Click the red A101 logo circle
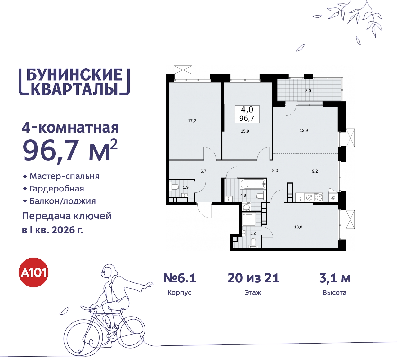(x=34, y=272)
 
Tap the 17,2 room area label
(x=192, y=121)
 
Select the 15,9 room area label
(x=245, y=131)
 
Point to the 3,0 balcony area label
(x=308, y=91)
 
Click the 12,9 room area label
(x=304, y=131)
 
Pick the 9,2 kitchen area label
(x=315, y=171)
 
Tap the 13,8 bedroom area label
(x=298, y=227)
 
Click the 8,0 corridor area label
(x=275, y=171)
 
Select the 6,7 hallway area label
(x=203, y=171)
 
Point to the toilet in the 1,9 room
(x=175, y=187)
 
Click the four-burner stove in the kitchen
(x=319, y=197)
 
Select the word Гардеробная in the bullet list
(x=57, y=189)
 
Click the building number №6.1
(x=180, y=278)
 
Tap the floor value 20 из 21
(x=253, y=278)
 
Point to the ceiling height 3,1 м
(x=335, y=278)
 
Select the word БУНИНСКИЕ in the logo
(x=74, y=75)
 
